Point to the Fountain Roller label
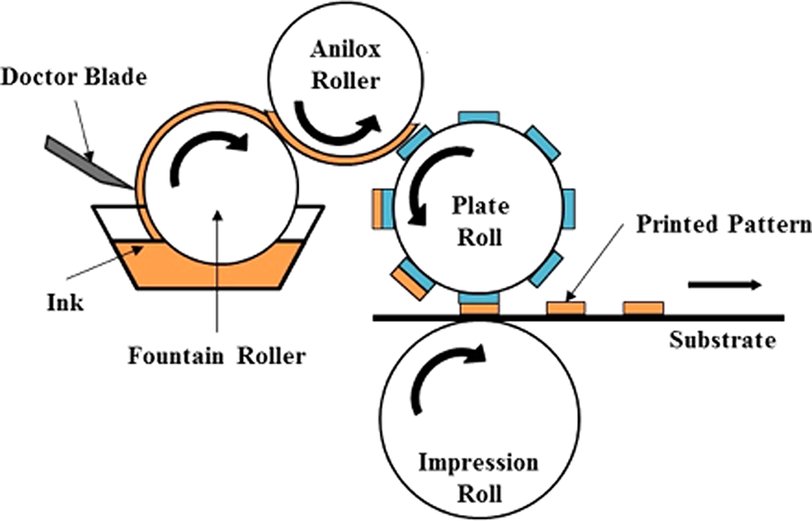tap(217, 357)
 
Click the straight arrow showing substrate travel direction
tap(723, 284)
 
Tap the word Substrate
tap(723, 339)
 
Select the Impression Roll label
tap(478, 478)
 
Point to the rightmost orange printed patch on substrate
tap(643, 308)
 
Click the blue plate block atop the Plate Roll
tap(479, 118)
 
